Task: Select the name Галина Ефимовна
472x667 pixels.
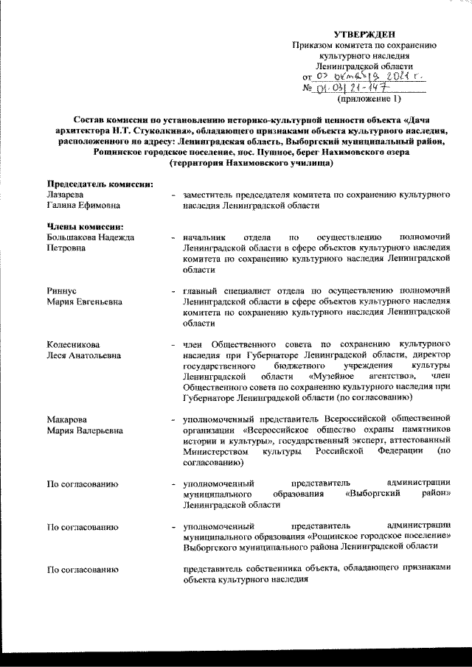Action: tap(83, 205)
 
